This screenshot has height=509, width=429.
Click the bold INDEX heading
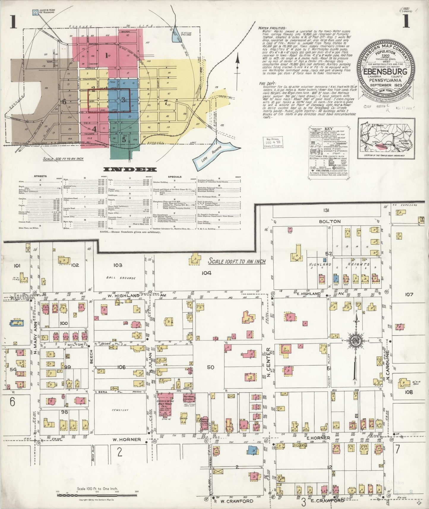click(130, 170)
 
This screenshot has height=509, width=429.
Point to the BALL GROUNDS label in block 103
click(121, 278)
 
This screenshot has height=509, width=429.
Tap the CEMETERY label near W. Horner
click(120, 410)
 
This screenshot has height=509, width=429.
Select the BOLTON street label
click(330, 222)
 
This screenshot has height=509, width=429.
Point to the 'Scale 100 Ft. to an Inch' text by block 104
click(237, 261)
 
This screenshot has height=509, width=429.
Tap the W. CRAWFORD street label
click(237, 501)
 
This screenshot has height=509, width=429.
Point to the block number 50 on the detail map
click(210, 367)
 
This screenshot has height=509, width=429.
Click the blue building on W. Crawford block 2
click(252, 450)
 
